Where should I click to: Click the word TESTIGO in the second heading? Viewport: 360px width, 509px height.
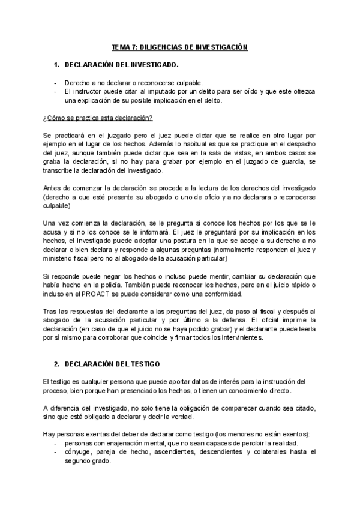click(x=142, y=364)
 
